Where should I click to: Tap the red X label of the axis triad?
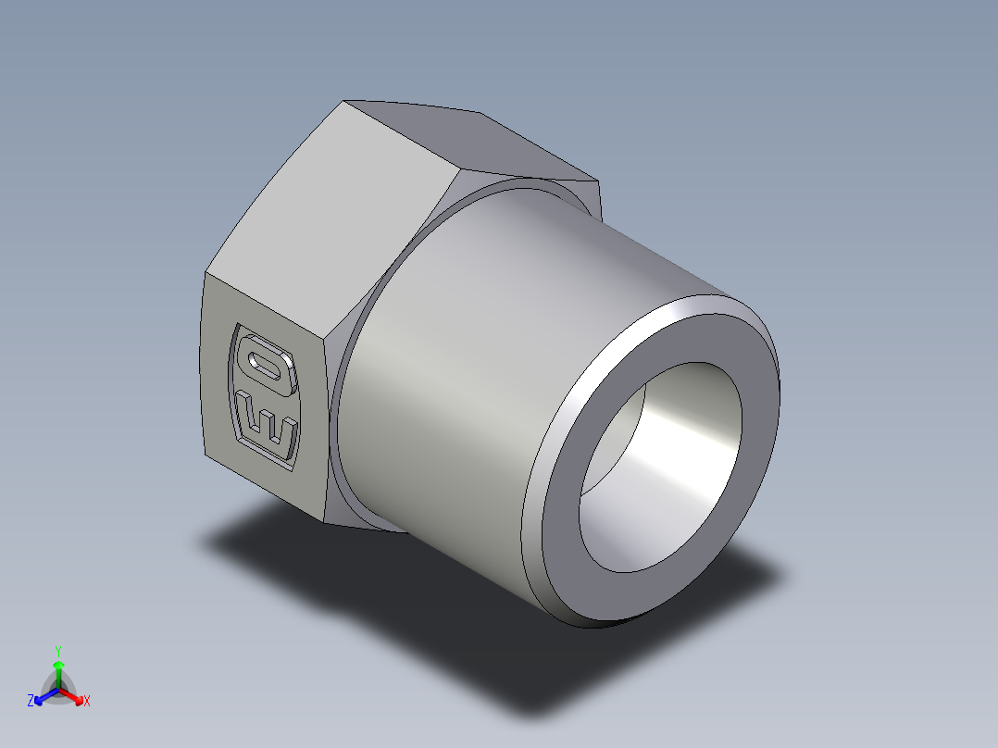click(x=87, y=702)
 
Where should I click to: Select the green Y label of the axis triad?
click(x=57, y=650)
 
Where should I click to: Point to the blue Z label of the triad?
click(x=31, y=702)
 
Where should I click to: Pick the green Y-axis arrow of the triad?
click(x=57, y=672)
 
